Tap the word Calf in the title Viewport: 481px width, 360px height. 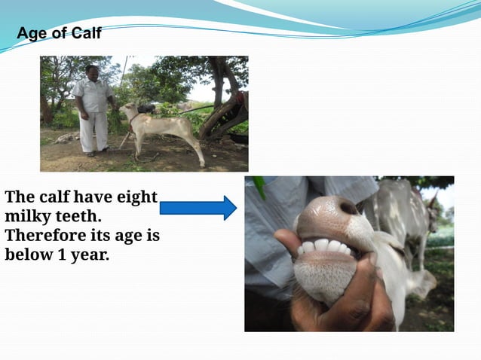pyautogui.click(x=85, y=34)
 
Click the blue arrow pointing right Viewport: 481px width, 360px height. pyautogui.click(x=198, y=207)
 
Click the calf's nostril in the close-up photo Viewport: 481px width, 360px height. pyautogui.click(x=348, y=208)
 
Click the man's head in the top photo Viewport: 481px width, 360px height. pyautogui.click(x=92, y=72)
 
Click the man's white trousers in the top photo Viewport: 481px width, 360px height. pyautogui.click(x=94, y=131)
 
